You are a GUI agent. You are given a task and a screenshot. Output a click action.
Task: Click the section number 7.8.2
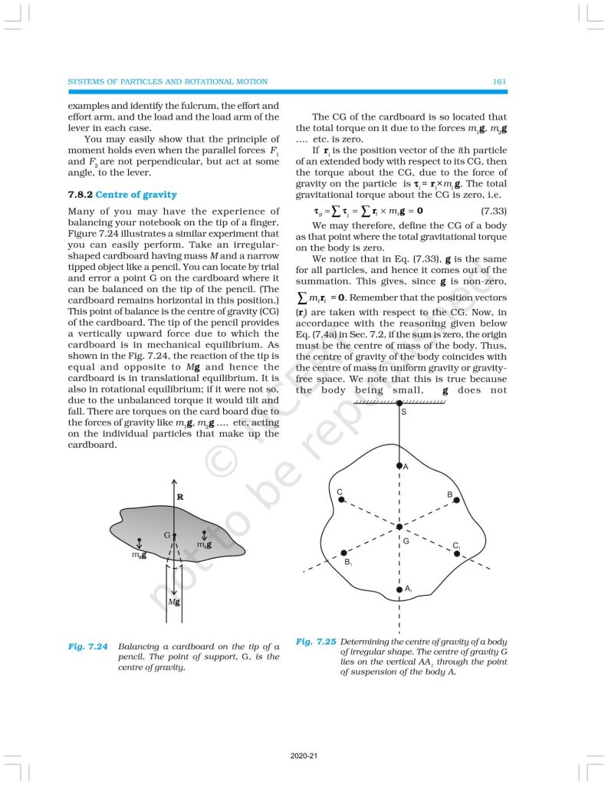(x=81, y=195)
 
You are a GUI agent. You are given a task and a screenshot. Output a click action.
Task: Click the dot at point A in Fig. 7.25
(x=399, y=465)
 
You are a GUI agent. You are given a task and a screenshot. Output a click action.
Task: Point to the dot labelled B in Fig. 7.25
(x=456, y=501)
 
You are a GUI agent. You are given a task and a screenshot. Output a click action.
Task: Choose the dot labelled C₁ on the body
(x=457, y=553)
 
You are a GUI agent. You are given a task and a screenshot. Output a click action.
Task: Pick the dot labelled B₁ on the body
(x=343, y=553)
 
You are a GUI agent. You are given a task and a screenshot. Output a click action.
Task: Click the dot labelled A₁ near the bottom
(x=399, y=590)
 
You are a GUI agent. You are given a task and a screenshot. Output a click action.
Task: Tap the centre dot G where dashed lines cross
(x=399, y=527)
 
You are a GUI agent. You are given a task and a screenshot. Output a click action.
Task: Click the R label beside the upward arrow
(x=180, y=497)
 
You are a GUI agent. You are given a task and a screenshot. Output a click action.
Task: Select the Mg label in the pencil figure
(x=173, y=602)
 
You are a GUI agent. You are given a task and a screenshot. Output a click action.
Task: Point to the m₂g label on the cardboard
(x=139, y=554)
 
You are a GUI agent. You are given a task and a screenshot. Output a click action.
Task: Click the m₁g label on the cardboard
(x=203, y=544)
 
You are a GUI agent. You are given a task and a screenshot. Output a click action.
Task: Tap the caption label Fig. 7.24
(x=87, y=647)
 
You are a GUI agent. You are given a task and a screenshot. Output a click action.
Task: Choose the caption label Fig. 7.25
(x=315, y=641)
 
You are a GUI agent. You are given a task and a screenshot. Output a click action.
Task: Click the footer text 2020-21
(x=304, y=756)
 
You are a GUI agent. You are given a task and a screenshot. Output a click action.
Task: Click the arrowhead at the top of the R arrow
(x=175, y=478)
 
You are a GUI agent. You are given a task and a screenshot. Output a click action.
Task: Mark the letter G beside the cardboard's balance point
(x=166, y=534)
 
